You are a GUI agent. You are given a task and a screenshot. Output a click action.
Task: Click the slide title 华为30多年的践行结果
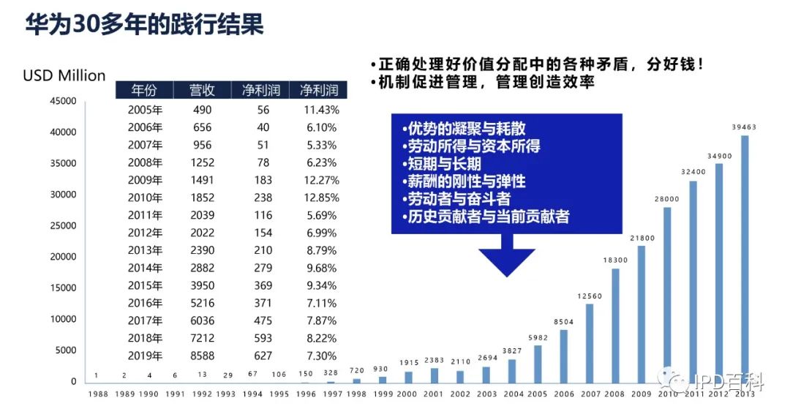(144, 26)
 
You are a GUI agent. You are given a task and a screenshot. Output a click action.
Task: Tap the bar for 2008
(615, 325)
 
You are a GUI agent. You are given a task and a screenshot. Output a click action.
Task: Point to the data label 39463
(745, 127)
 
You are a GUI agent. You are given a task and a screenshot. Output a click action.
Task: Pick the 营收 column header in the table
(201, 91)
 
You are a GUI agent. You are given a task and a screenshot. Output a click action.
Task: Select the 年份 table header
(144, 91)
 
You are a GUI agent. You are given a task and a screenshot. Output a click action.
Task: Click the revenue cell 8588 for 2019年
(201, 356)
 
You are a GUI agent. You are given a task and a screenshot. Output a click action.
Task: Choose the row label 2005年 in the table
(144, 110)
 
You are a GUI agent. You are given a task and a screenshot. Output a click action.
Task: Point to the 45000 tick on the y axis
(63, 101)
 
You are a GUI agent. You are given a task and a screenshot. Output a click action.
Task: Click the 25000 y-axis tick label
(63, 225)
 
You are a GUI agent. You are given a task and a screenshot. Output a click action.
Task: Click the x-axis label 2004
(512, 394)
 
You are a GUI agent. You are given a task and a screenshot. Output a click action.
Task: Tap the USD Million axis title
(64, 75)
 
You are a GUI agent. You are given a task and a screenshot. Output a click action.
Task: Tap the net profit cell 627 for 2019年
(263, 356)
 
